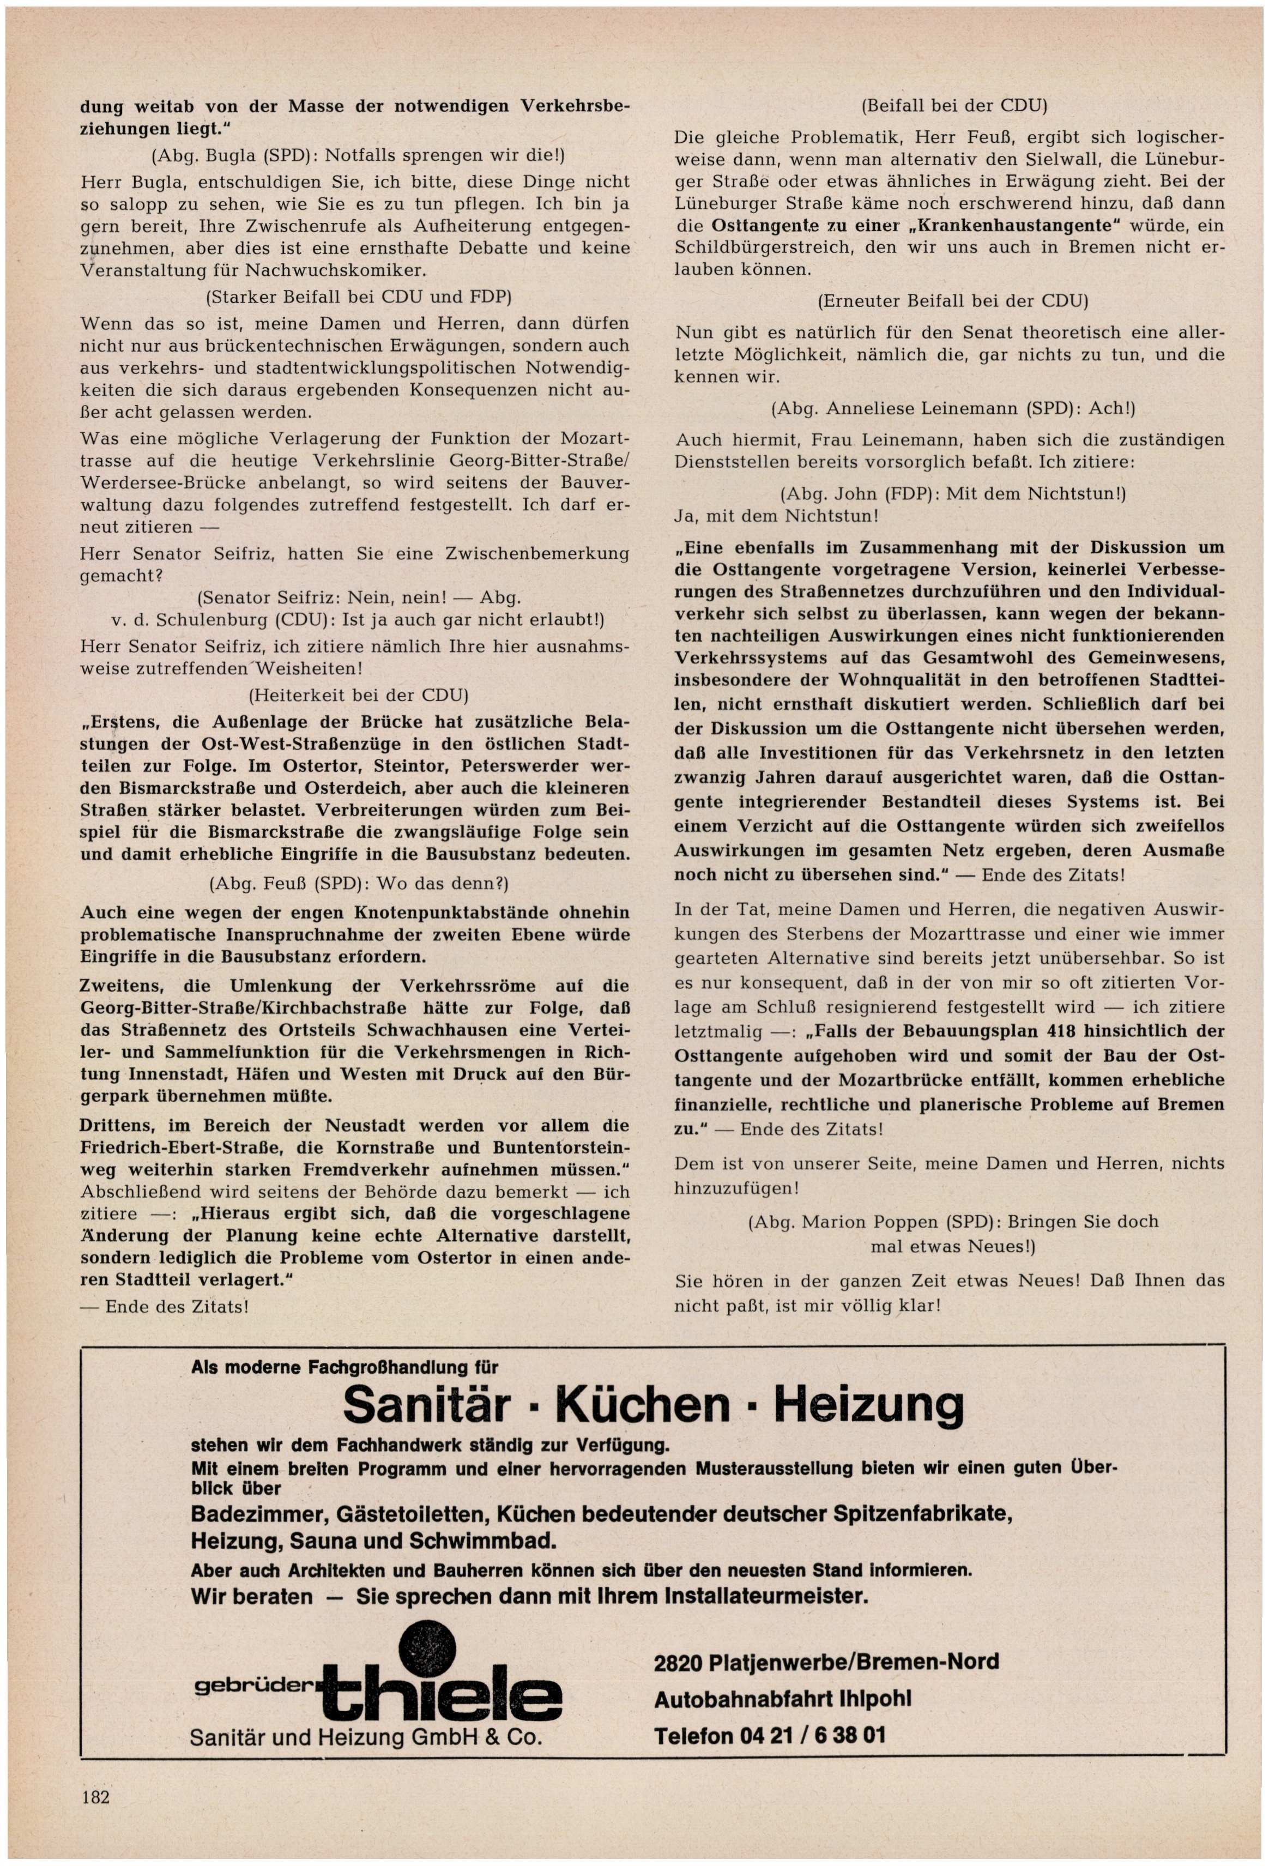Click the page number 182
(x=95, y=1797)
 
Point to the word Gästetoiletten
(x=397, y=1514)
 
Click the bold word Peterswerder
(x=518, y=765)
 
